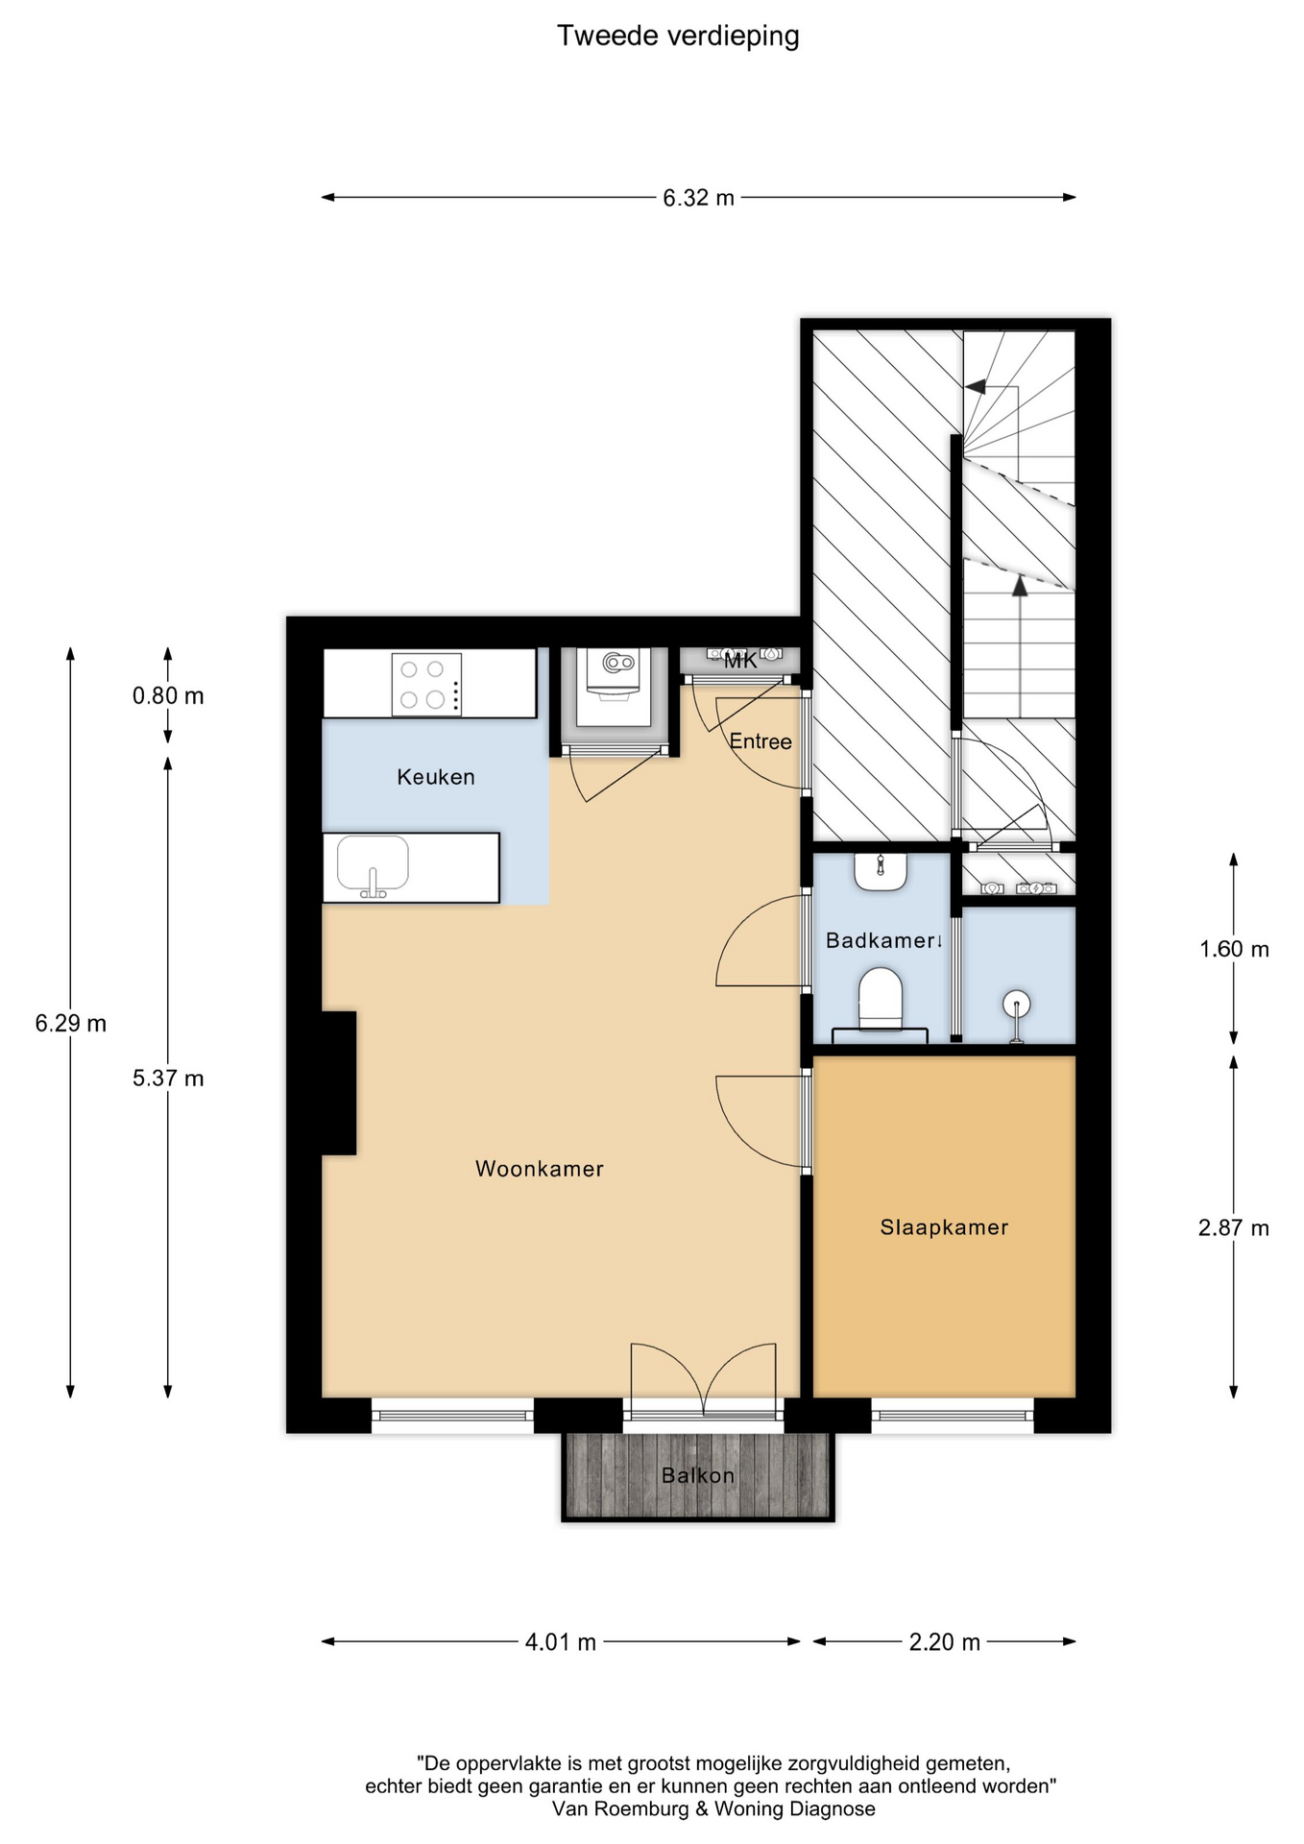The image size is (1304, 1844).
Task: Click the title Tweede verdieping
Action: tap(678, 36)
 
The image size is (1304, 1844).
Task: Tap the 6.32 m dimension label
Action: tap(698, 198)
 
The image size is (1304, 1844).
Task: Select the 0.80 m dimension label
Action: tap(168, 695)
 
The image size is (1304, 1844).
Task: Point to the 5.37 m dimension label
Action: tap(168, 1079)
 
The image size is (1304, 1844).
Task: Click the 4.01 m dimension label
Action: tap(561, 1642)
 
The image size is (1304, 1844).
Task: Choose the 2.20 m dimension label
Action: tap(945, 1642)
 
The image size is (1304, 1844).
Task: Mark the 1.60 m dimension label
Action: tap(1234, 949)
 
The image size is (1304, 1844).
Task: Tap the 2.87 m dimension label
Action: tap(1234, 1227)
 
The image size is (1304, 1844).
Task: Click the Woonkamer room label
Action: tap(540, 1169)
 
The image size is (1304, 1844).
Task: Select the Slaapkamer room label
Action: tap(945, 1227)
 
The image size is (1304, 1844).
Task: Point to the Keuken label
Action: tap(436, 777)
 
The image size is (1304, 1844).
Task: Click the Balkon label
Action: tap(698, 1475)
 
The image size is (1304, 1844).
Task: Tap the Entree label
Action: tap(761, 741)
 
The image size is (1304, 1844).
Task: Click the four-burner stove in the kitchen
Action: tap(426, 685)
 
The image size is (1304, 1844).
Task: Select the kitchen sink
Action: tap(373, 865)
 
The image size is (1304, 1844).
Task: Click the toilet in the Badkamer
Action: tap(881, 999)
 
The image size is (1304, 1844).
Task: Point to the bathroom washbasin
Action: tap(881, 871)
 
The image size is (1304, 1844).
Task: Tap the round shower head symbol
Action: tap(1016, 1005)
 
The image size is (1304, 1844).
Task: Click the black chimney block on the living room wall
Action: tap(339, 1082)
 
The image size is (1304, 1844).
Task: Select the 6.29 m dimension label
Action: tap(70, 1024)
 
